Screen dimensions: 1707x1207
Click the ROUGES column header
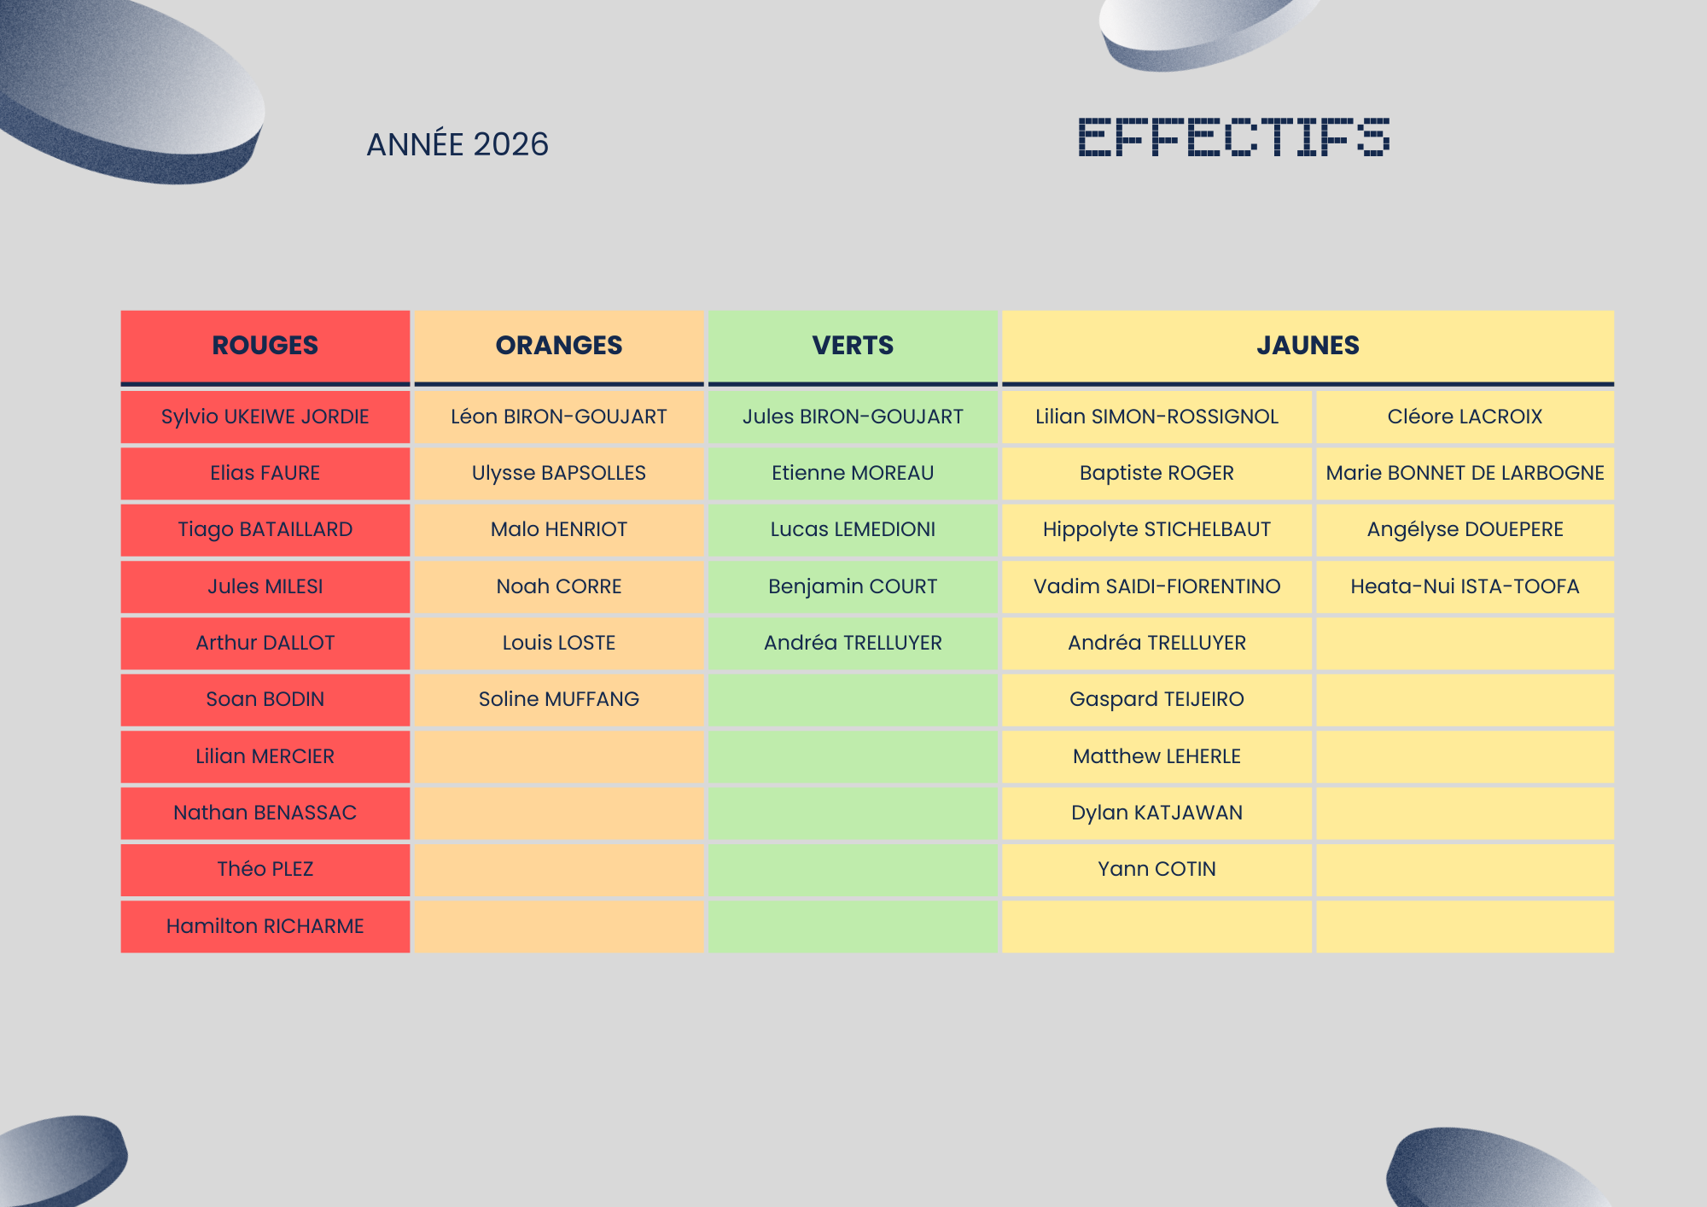265,345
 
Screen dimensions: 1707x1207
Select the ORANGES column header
559,345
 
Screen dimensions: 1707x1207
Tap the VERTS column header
853,345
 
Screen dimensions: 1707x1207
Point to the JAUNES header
1308,345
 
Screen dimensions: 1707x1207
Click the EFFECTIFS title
1234,137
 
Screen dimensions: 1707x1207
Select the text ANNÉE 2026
457,144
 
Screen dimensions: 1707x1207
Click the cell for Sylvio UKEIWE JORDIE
265,417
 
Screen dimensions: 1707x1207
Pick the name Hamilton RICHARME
265,926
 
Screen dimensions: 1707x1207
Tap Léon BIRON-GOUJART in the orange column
559,417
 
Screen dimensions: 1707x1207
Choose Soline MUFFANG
559,699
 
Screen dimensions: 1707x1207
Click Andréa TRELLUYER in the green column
853,643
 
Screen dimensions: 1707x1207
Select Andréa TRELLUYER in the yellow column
1156,643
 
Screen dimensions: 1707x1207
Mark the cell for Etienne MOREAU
853,473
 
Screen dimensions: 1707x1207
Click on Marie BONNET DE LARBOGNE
1465,473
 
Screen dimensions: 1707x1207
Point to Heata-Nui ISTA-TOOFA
1465,586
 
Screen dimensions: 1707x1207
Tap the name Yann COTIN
1156,869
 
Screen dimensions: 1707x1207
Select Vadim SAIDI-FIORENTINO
1156,586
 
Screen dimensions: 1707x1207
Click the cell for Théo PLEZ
265,869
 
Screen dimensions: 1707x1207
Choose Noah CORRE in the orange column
559,586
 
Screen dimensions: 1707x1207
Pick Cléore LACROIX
1465,417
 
